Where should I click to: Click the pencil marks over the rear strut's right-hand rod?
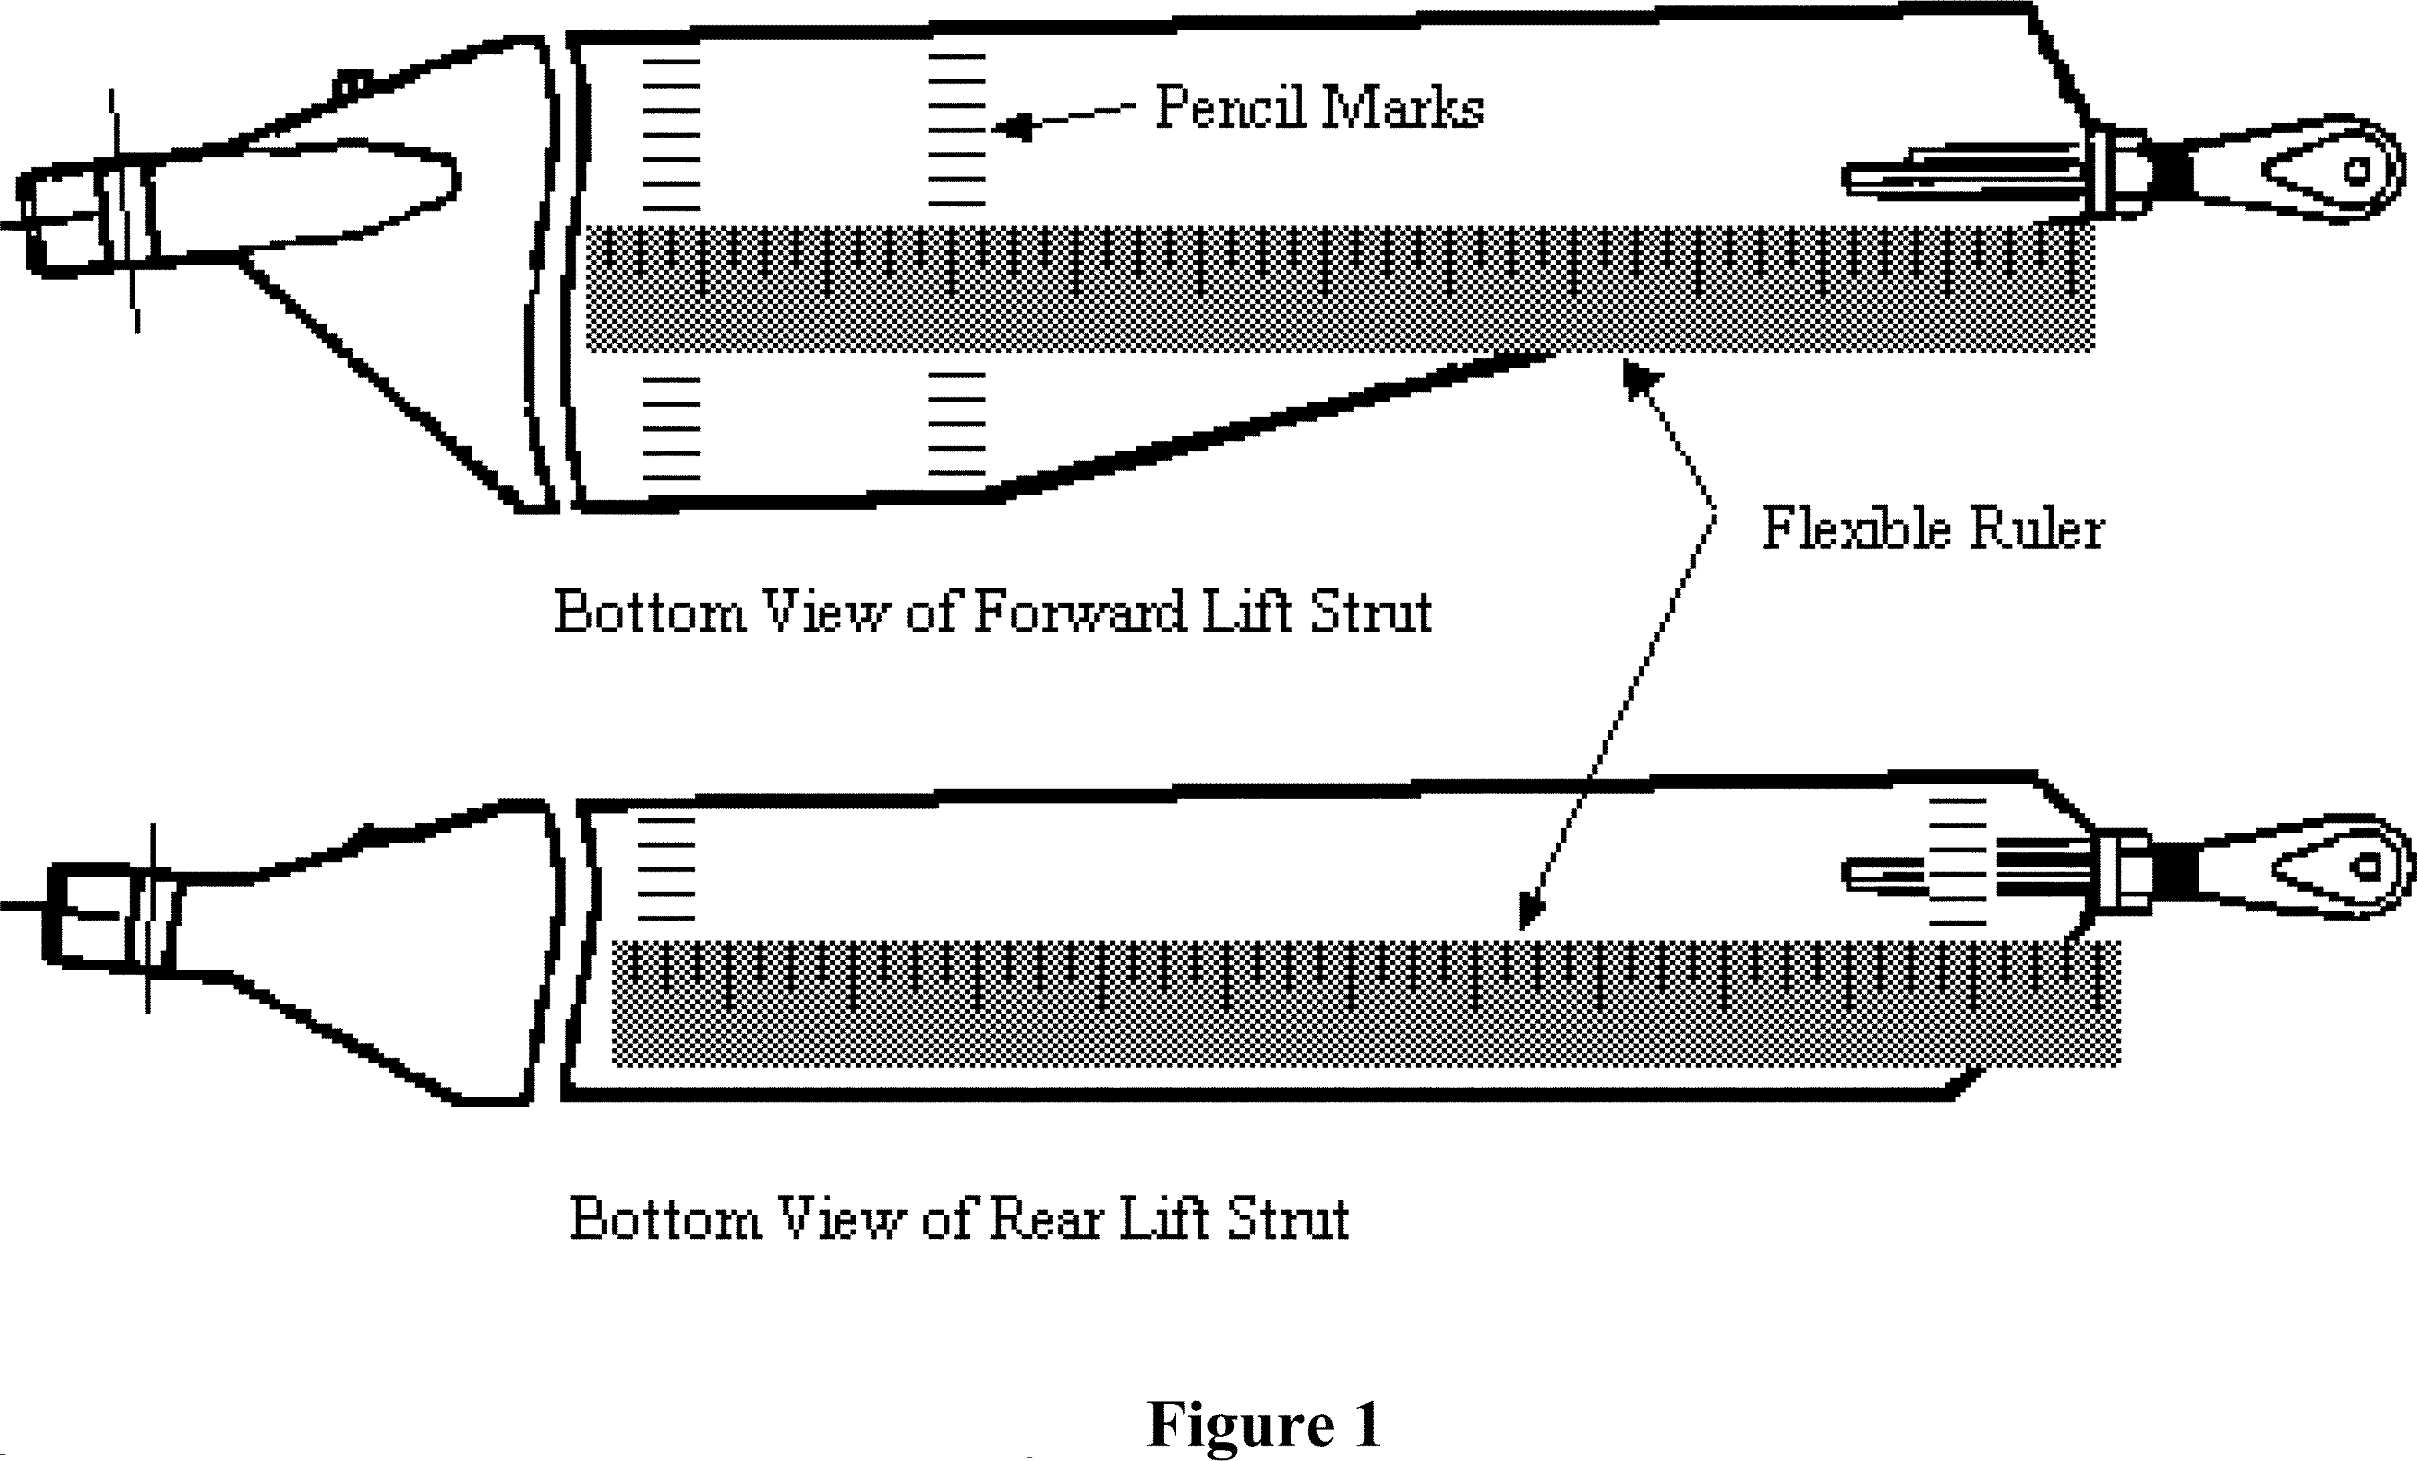1957,862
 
